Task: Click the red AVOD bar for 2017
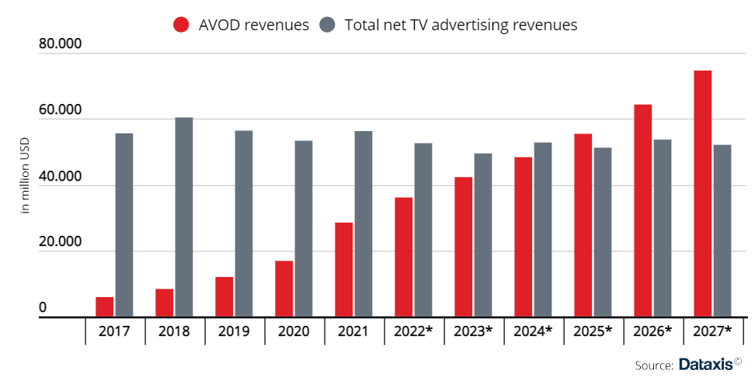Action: click(x=104, y=307)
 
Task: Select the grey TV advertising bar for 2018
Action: click(x=184, y=217)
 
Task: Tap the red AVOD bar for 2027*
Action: click(x=702, y=194)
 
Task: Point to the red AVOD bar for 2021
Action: click(x=343, y=270)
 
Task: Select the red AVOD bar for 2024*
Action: click(x=523, y=237)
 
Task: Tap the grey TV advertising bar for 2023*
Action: click(x=483, y=235)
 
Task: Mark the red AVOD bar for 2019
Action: click(x=224, y=297)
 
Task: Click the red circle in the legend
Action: click(x=181, y=25)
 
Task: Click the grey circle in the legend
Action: click(x=327, y=25)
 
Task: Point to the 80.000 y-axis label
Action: click(x=61, y=44)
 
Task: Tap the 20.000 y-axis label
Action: click(x=61, y=242)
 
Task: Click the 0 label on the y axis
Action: click(x=43, y=308)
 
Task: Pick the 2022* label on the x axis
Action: click(x=414, y=331)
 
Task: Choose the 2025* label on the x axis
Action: click(x=593, y=331)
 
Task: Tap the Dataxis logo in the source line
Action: click(x=711, y=364)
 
